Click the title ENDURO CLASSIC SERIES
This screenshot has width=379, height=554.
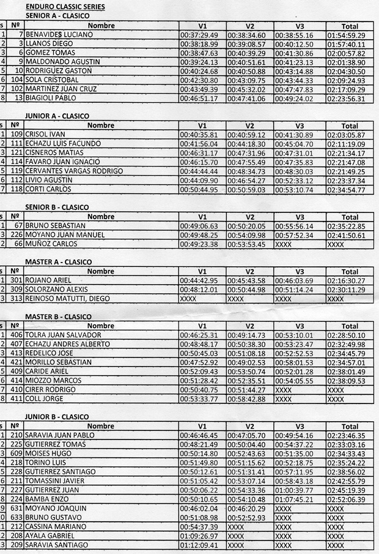pos(64,6)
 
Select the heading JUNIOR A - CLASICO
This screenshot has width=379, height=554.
pos(57,116)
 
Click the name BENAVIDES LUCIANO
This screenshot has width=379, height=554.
pos(59,34)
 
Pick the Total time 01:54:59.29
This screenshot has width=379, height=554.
pos(346,35)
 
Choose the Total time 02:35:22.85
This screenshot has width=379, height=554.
pos(346,226)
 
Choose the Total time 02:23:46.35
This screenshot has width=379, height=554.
pos(346,436)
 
